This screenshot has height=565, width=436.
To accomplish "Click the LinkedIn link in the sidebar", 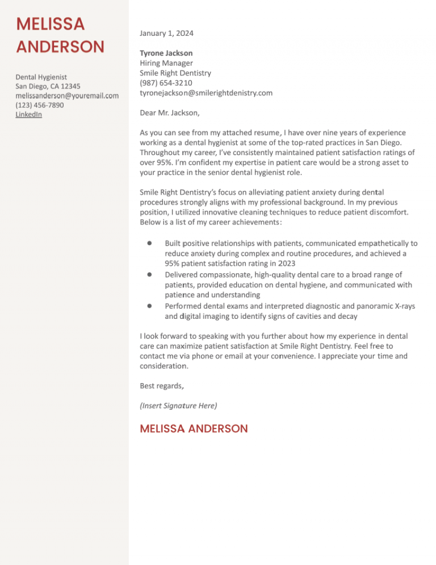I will tap(28, 114).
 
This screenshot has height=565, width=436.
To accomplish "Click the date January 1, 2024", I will tap(166, 34).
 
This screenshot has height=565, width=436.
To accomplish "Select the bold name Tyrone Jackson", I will tap(166, 53).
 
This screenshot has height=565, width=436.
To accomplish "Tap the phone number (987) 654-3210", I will tap(162, 83).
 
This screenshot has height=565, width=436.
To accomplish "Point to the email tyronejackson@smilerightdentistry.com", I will tap(206, 93).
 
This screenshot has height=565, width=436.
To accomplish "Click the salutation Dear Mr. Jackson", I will tap(169, 113).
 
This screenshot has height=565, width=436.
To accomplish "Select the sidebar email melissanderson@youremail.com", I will tap(67, 95).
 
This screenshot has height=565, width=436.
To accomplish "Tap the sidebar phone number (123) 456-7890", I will tap(40, 105).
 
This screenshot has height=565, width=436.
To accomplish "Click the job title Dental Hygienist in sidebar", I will tap(41, 77).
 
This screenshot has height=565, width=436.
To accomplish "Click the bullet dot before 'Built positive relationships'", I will tap(148, 243).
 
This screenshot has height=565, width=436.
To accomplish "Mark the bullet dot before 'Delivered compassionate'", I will tap(148, 274).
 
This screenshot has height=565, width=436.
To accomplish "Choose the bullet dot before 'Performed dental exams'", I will tap(148, 305).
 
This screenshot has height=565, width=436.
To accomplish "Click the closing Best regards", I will tap(161, 386).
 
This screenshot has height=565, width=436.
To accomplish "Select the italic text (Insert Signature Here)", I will tap(178, 406).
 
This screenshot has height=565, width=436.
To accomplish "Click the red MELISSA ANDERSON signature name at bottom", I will tap(194, 429).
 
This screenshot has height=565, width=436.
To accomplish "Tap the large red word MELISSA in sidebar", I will tap(51, 24).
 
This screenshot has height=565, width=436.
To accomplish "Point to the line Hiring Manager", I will tap(166, 63).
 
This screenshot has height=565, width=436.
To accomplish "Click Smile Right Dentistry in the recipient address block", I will tap(175, 73).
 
